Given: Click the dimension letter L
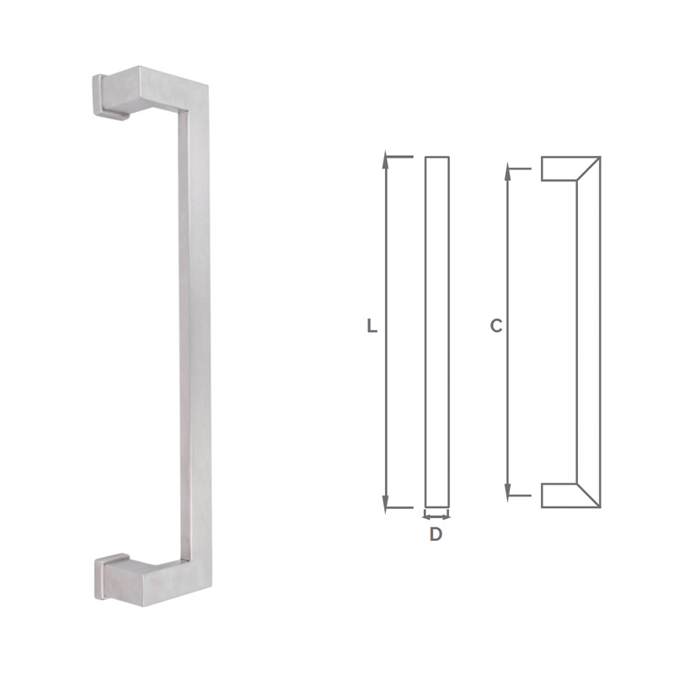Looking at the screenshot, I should (x=372, y=326).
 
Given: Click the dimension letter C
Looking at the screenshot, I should (x=496, y=326).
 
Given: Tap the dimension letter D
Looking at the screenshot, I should (x=436, y=534).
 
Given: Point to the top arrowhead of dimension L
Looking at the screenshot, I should (x=386, y=159).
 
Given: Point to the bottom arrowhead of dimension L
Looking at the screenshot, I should (x=386, y=504).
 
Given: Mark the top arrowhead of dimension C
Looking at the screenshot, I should (x=509, y=172).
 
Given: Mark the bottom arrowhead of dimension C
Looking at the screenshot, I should (x=509, y=491).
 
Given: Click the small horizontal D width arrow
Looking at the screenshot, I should (x=436, y=515).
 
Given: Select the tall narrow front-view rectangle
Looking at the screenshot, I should (x=436, y=332).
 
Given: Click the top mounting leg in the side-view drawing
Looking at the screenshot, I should (x=558, y=168).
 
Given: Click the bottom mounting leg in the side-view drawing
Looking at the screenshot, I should (x=558, y=495).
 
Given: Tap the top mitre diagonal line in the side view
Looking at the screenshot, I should (x=588, y=168).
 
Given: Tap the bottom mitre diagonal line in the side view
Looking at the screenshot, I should (x=588, y=495).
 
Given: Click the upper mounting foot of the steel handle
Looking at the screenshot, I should (x=114, y=94).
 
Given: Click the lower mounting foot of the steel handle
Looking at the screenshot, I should (x=114, y=577).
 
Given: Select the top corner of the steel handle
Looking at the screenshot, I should (x=195, y=93).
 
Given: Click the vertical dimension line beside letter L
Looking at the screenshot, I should (x=386, y=253).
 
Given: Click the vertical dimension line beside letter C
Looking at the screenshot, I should (x=509, y=253).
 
